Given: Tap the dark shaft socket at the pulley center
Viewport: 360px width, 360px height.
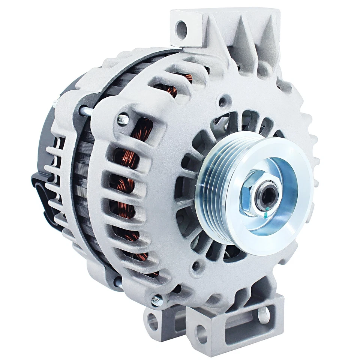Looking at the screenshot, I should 267,195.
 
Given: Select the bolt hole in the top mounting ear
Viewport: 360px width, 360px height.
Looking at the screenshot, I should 181,30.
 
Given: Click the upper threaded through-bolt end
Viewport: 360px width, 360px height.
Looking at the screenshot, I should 123,120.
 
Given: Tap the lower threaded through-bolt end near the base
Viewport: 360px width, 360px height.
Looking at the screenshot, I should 157,300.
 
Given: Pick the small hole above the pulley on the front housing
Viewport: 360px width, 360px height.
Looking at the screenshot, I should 224,101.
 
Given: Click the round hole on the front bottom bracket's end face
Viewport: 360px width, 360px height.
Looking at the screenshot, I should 201,333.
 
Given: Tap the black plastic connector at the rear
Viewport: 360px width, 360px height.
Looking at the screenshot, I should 41,187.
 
